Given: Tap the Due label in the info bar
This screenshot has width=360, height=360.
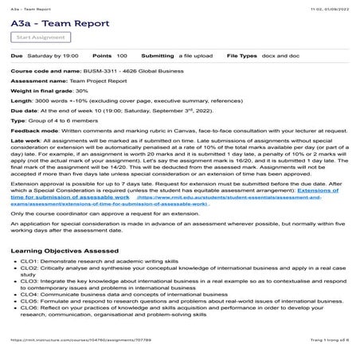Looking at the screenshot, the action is click(17, 56).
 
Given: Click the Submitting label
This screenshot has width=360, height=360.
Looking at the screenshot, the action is click(156, 56).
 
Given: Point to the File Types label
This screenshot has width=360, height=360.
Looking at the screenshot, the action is click(245, 56).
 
